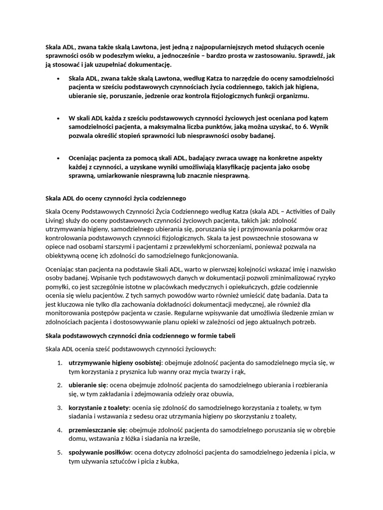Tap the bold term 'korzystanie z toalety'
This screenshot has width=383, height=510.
(98, 408)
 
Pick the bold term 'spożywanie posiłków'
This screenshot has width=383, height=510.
(100, 452)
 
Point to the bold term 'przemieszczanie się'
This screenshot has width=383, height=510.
(97, 430)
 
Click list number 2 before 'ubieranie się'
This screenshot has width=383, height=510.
(60, 385)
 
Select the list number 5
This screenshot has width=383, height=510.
(60, 452)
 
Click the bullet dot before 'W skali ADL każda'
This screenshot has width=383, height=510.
(58, 119)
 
